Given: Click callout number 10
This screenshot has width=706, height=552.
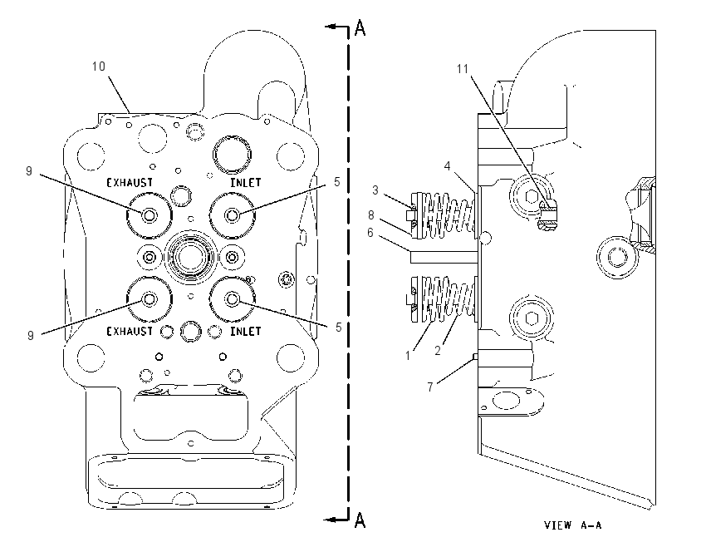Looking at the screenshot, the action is click(99, 67).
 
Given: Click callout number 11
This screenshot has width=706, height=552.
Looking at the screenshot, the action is click(463, 69).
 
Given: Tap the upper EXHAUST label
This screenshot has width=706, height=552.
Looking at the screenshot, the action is click(130, 183).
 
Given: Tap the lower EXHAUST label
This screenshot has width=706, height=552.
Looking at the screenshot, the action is click(130, 331).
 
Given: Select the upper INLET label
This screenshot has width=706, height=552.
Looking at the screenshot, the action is click(246, 183).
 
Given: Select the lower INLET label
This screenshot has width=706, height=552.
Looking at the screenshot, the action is click(246, 331).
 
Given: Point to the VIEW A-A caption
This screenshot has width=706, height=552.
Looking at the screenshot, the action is click(573, 525).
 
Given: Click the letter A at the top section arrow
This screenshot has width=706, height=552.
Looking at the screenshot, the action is click(360, 28).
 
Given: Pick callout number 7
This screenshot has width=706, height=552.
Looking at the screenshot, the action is click(430, 387).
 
